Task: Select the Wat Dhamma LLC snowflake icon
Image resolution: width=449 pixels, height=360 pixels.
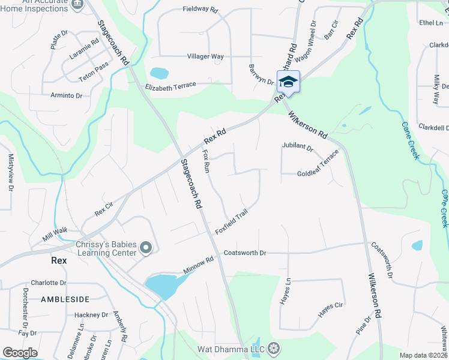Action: pyautogui.click(x=274, y=347)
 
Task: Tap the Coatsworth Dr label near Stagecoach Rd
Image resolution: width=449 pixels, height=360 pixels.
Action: pyautogui.click(x=244, y=253)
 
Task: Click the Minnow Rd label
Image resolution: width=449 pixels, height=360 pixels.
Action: pyautogui.click(x=199, y=266)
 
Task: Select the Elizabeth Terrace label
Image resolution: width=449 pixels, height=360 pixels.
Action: pyautogui.click(x=170, y=86)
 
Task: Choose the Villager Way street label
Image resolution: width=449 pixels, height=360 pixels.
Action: pyautogui.click(x=205, y=56)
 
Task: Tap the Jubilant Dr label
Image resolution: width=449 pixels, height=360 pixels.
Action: pyautogui.click(x=298, y=146)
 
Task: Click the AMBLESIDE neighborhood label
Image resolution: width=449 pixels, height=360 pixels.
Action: pyautogui.click(x=65, y=299)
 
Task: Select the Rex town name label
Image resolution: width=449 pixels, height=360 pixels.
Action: pyautogui.click(x=58, y=261)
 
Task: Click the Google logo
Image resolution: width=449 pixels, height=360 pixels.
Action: pyautogui.click(x=20, y=353)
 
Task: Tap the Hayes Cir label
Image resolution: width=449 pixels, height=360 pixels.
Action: pyautogui.click(x=330, y=309)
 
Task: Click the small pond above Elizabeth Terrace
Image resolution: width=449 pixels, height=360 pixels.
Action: pyautogui.click(x=159, y=73)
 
